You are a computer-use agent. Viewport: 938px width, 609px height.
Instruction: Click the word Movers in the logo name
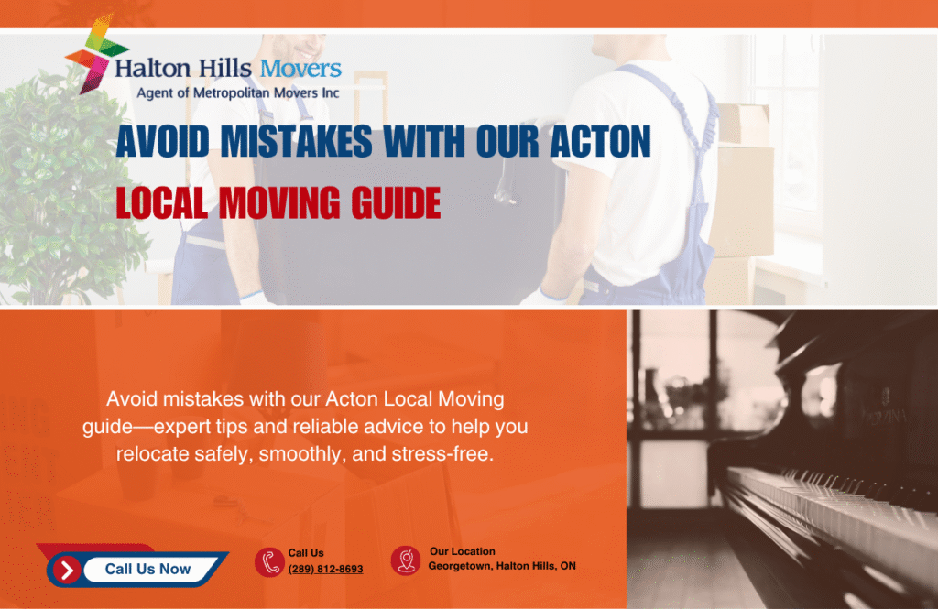click(300, 69)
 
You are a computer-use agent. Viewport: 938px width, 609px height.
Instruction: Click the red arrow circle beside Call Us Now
click(66, 570)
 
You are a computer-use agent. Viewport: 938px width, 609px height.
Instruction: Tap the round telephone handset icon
click(268, 562)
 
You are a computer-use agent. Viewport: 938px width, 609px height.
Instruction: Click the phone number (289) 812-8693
click(325, 569)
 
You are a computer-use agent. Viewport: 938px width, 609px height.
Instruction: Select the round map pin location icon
click(405, 560)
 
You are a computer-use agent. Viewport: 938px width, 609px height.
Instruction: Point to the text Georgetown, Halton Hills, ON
click(502, 566)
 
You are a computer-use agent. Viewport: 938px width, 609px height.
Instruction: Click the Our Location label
click(462, 551)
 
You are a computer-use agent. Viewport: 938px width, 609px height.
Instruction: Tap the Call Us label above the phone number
click(306, 553)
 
